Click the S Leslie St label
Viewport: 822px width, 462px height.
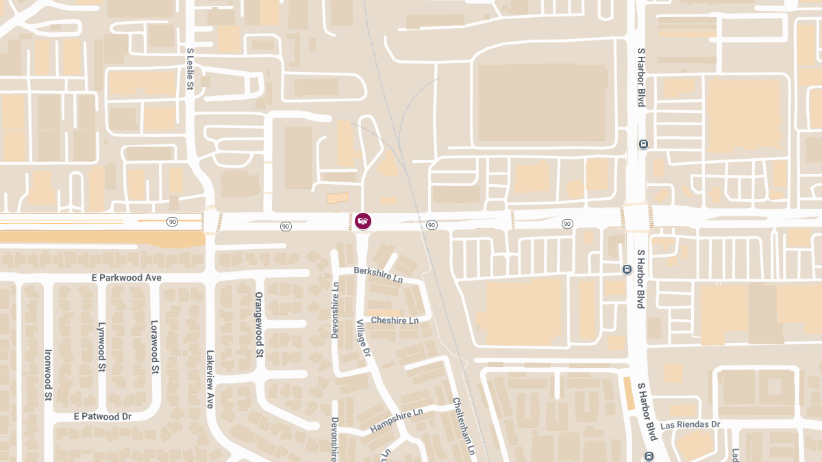tap(190, 70)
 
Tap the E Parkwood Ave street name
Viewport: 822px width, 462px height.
tap(127, 278)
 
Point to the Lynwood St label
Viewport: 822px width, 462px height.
tap(101, 347)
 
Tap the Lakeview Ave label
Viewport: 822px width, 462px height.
tap(210, 380)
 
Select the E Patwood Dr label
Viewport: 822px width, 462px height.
tap(103, 416)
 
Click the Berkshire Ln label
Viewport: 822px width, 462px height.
tap(378, 275)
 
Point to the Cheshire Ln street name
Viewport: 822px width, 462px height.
tap(395, 320)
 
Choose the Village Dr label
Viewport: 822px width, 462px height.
tap(363, 338)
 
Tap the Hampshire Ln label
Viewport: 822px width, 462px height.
tap(397, 421)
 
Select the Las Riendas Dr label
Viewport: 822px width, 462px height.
tap(690, 424)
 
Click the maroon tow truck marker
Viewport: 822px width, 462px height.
tap(363, 221)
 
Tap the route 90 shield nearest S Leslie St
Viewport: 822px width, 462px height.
tap(172, 222)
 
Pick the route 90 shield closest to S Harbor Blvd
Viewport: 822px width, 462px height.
tap(567, 224)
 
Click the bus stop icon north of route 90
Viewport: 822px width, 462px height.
tap(643, 144)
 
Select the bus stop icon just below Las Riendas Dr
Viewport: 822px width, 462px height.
tap(649, 456)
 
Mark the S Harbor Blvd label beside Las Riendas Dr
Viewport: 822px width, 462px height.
tap(647, 411)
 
